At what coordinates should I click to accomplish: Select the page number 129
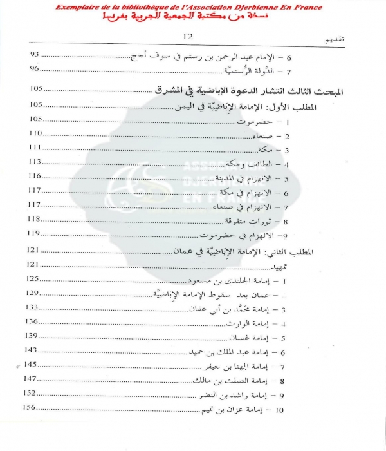pyautogui.click(x=32, y=293)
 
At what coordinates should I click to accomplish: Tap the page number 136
pyautogui.click(x=32, y=321)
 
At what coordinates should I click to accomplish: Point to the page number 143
pyautogui.click(x=32, y=350)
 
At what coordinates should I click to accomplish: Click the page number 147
pyautogui.click(x=32, y=378)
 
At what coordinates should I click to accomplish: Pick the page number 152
pyautogui.click(x=32, y=393)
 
